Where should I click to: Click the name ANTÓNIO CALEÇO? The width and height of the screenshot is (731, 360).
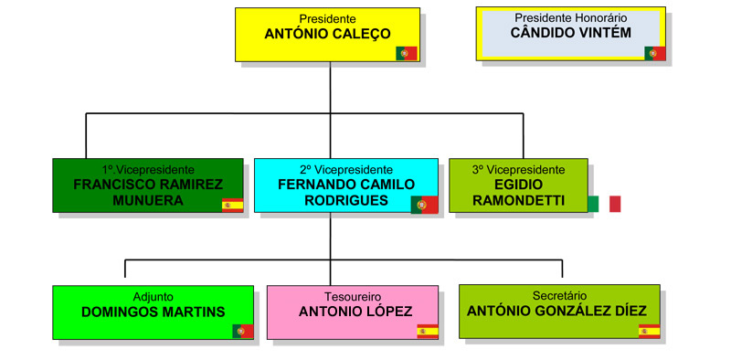[327, 34]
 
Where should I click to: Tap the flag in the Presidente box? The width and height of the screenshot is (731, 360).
[406, 53]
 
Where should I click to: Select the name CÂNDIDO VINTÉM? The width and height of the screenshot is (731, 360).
[570, 33]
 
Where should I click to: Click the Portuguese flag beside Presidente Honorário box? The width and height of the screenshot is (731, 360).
[655, 53]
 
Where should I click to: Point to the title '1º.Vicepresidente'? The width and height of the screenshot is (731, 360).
[148, 170]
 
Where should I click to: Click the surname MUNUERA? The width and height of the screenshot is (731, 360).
[148, 200]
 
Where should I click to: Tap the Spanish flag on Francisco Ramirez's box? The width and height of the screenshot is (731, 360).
[232, 206]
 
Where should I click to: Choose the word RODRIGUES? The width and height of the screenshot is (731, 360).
[346, 200]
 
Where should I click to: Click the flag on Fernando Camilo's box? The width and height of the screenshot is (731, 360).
[424, 205]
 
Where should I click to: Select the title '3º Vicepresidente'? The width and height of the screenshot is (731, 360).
[518, 170]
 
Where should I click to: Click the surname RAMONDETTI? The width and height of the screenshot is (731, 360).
[518, 200]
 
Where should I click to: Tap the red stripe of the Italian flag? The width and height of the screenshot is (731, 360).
[615, 204]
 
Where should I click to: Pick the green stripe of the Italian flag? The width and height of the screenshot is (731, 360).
[593, 204]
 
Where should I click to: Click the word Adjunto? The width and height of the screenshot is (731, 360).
[154, 297]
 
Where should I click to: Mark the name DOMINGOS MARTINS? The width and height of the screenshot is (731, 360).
[153, 312]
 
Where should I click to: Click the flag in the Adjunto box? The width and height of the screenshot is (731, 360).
[243, 331]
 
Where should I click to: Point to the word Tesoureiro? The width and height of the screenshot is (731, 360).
[353, 297]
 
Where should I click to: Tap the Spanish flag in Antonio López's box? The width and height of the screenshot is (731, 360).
[428, 331]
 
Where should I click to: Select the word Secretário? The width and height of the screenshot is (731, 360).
[559, 296]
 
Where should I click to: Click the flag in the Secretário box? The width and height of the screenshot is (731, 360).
[650, 331]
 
